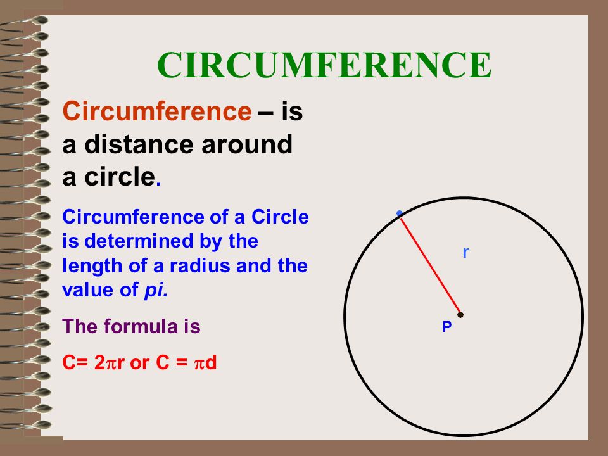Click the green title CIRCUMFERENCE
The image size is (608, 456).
pos(324,65)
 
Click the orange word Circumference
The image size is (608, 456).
pos(157,111)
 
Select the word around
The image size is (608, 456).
pos(246,144)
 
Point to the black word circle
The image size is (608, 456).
pos(120,177)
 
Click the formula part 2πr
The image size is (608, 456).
pos(110,363)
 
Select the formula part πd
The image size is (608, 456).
pos(205,363)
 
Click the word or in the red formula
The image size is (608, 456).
pos(139,364)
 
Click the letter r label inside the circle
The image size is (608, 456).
pos(465,253)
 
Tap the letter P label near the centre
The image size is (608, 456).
pos(447,327)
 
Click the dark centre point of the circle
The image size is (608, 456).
pos(460,315)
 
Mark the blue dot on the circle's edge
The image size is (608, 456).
pos(400,213)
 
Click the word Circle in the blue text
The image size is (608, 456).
pos(280,217)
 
